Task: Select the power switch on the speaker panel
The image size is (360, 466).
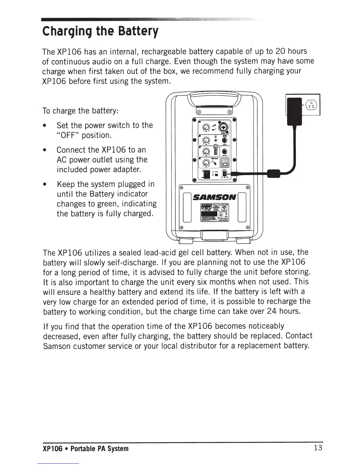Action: coord(207,175)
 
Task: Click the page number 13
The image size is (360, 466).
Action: coord(318,448)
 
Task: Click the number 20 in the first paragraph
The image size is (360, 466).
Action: coord(280,51)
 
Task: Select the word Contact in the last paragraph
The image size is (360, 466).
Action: coord(299,336)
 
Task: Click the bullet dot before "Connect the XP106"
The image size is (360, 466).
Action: coord(44,150)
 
